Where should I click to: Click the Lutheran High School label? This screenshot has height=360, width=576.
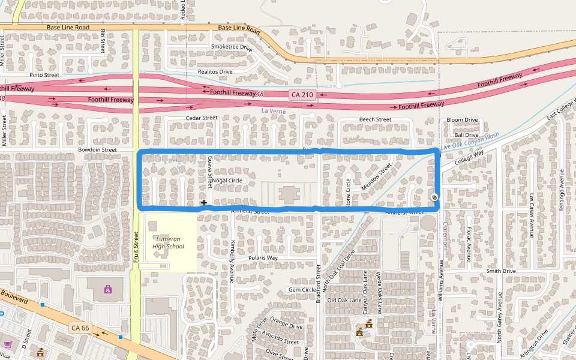[168, 242]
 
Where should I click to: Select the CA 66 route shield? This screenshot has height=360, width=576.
[80, 328]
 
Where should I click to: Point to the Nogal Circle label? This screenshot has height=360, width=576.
[227, 181]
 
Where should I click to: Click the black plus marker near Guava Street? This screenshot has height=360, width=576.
[204, 203]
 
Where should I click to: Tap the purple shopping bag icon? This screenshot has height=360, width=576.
[107, 290]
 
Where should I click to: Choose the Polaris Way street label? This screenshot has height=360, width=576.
[263, 258]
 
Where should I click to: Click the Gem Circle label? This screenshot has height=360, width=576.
[302, 290]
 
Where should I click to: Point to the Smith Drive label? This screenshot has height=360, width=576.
[501, 271]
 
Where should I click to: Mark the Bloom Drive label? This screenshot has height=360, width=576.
[462, 120]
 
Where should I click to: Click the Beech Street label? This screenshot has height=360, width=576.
[375, 120]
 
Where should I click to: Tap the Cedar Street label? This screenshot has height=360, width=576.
[202, 118]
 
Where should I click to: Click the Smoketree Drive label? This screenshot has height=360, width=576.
[232, 46]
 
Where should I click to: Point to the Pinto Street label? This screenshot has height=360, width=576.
[44, 76]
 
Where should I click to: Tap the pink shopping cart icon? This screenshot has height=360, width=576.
[8, 344]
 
